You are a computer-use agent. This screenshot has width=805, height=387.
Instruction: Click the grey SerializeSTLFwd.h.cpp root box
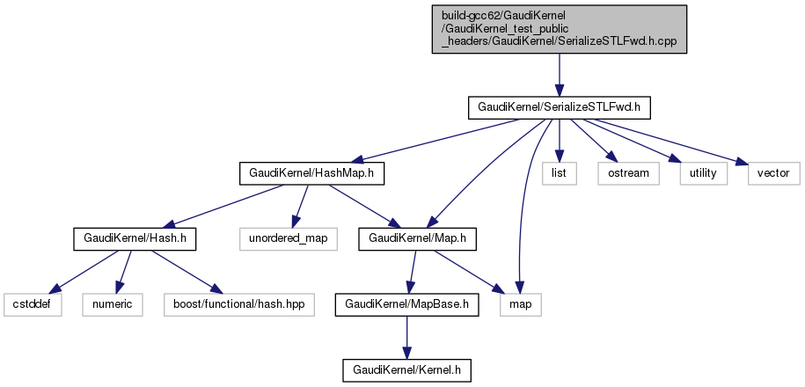(x=559, y=29)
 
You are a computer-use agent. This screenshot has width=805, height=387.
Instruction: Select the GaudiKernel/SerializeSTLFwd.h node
(x=558, y=106)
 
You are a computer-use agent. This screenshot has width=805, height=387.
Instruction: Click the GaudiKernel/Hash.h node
(x=134, y=238)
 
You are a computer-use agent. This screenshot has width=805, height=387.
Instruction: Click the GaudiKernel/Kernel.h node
(x=407, y=370)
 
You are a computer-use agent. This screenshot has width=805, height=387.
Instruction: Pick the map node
(x=521, y=304)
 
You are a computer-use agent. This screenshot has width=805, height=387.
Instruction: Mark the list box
(x=559, y=172)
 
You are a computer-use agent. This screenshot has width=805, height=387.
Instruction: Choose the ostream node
(x=628, y=172)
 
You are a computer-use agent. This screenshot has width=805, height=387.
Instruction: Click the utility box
(x=703, y=172)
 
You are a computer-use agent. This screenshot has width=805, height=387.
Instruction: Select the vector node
(x=773, y=172)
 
